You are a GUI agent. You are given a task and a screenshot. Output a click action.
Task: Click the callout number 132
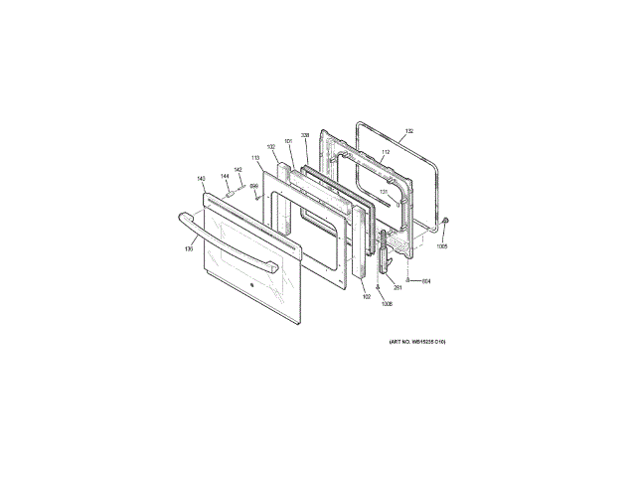pos(408,132)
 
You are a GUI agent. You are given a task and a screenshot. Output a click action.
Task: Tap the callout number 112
pos(386,152)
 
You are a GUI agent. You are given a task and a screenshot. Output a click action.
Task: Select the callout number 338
pos(305,135)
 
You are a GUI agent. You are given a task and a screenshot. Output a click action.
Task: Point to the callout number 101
pos(288,141)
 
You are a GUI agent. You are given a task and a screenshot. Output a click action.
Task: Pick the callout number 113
pos(255,157)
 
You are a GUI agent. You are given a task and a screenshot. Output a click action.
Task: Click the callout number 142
pos(238,169)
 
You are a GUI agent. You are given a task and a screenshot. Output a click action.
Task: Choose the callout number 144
pos(225,177)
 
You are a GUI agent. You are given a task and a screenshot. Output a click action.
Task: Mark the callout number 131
pos(384,191)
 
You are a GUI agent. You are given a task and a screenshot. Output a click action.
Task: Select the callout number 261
pos(397,288)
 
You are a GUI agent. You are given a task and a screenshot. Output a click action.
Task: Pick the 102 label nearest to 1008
pos(366,297)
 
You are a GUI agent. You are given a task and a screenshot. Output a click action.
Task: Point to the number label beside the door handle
pos(189,248)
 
